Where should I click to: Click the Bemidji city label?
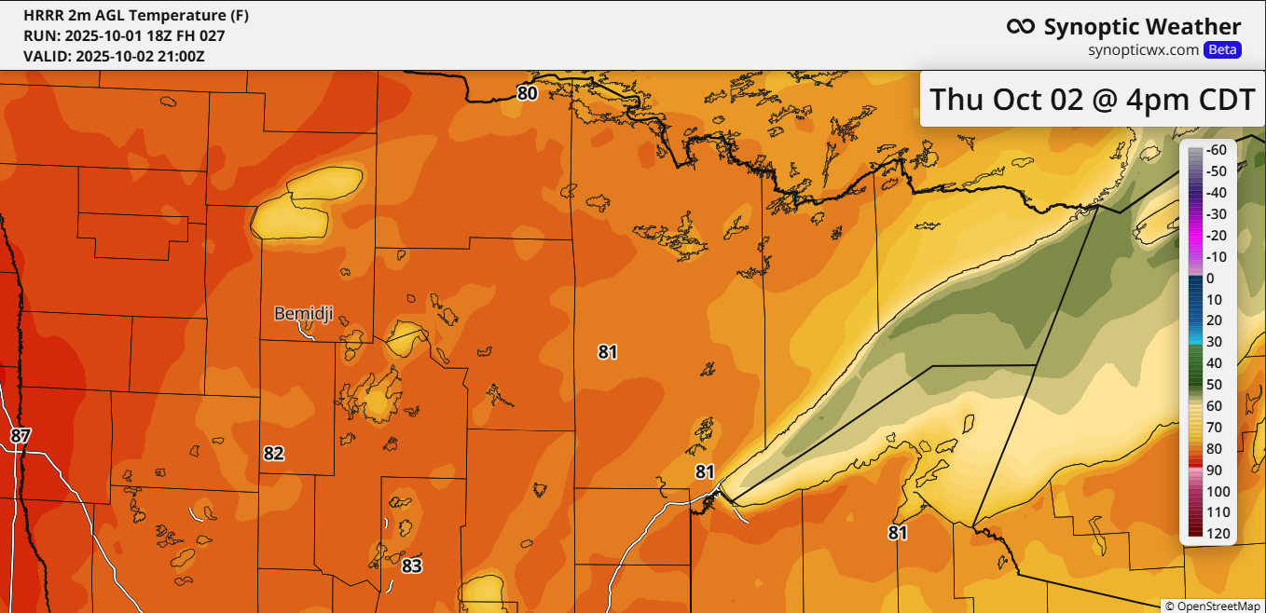pos(303,314)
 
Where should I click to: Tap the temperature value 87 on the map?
pos(21,435)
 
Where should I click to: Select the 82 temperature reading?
pos(273,454)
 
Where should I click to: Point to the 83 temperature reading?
pos(412,565)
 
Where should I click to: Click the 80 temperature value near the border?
pos(528,93)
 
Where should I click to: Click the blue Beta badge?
pos(1222,50)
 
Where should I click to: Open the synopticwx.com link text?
pos(1143,50)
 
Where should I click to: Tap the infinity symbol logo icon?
pos(1021,27)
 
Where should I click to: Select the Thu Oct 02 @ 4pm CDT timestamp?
pos(1093,98)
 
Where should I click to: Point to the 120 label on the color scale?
pos(1218,534)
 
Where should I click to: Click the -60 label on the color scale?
pos(1215,150)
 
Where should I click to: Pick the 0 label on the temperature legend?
pos(1210,278)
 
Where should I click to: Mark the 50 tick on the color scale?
pos(1215,385)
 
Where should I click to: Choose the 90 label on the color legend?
pos(1215,470)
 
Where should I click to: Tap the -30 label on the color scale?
pos(1215,214)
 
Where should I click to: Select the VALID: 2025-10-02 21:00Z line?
pos(114,56)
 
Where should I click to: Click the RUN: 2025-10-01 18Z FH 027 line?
pos(124,35)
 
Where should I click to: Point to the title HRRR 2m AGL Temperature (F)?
pos(136,16)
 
